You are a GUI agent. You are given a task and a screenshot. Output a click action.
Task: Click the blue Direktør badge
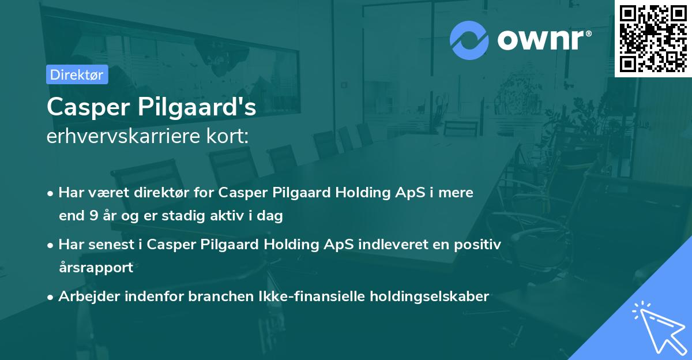pyautogui.click(x=77, y=74)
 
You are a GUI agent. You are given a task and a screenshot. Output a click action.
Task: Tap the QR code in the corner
pyautogui.click(x=653, y=38)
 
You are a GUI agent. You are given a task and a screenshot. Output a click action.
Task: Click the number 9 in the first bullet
pyautogui.click(x=93, y=216)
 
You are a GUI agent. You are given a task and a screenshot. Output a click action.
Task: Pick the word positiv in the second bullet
pyautogui.click(x=479, y=244)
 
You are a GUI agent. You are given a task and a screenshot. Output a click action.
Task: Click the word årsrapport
pyautogui.click(x=96, y=267)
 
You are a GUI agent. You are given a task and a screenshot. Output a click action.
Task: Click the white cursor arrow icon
pyautogui.click(x=658, y=327)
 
